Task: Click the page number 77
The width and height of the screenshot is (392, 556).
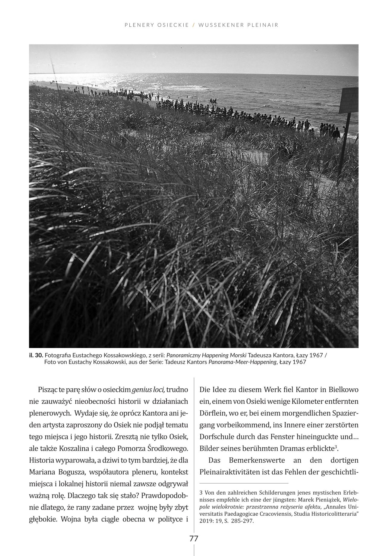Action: [194, 539]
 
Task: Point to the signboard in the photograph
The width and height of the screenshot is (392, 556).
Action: [349, 101]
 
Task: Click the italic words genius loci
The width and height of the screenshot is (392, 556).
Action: [148, 390]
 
